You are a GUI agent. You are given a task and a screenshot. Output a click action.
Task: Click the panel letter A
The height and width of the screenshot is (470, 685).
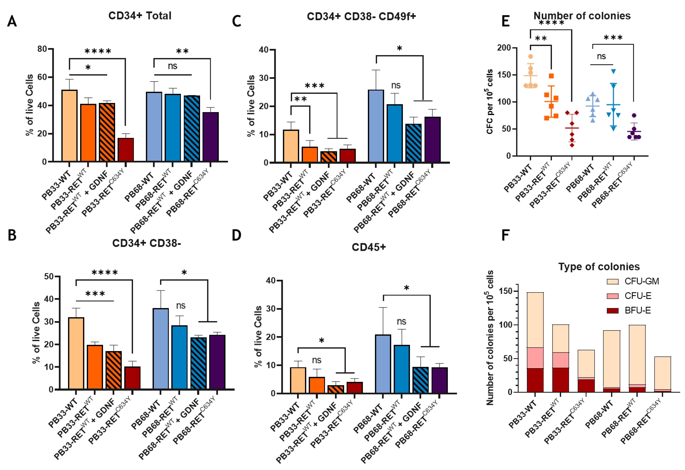pyautogui.click(x=12, y=21)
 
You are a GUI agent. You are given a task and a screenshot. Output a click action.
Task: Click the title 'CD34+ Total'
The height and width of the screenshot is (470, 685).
pyautogui.click(x=140, y=16)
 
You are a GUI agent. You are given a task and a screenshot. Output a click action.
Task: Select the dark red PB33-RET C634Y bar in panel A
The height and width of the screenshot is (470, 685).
pyautogui.click(x=126, y=150)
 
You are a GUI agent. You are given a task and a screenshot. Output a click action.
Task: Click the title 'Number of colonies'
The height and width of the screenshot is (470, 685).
pyautogui.click(x=582, y=16)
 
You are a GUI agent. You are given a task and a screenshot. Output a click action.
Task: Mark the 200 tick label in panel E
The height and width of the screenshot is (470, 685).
pyautogui.click(x=503, y=48)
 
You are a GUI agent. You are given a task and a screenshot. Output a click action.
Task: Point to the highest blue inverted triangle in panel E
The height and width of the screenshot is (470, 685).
pyautogui.click(x=613, y=71)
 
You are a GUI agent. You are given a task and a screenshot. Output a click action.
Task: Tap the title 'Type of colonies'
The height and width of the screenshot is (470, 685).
pyautogui.click(x=599, y=267)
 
